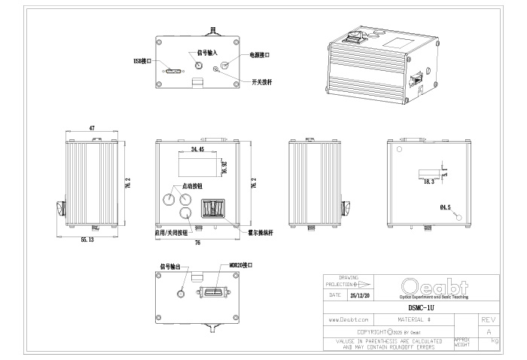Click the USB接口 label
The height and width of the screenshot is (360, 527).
pos(142,60)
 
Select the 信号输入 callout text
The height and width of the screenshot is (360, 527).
pos(207,53)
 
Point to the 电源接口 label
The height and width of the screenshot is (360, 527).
pos(259,55)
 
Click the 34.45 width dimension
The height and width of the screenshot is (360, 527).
pos(198,151)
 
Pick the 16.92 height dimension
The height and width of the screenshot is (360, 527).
pos(223,166)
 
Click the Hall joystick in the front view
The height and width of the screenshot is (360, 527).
pos(213,208)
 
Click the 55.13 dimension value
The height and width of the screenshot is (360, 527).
pos(87,239)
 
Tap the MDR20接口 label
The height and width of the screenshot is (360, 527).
pos(241,266)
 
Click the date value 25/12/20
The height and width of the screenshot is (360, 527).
pos(351,296)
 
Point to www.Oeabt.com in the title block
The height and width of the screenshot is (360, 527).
pos(347,319)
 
